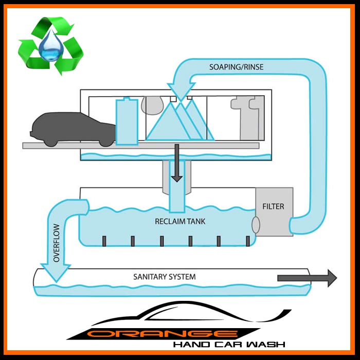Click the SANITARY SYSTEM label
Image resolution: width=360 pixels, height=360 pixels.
click(x=165, y=277)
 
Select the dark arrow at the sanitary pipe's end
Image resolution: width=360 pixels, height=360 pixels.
click(x=307, y=278)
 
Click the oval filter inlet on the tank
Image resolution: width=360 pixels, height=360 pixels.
click(x=254, y=224)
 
